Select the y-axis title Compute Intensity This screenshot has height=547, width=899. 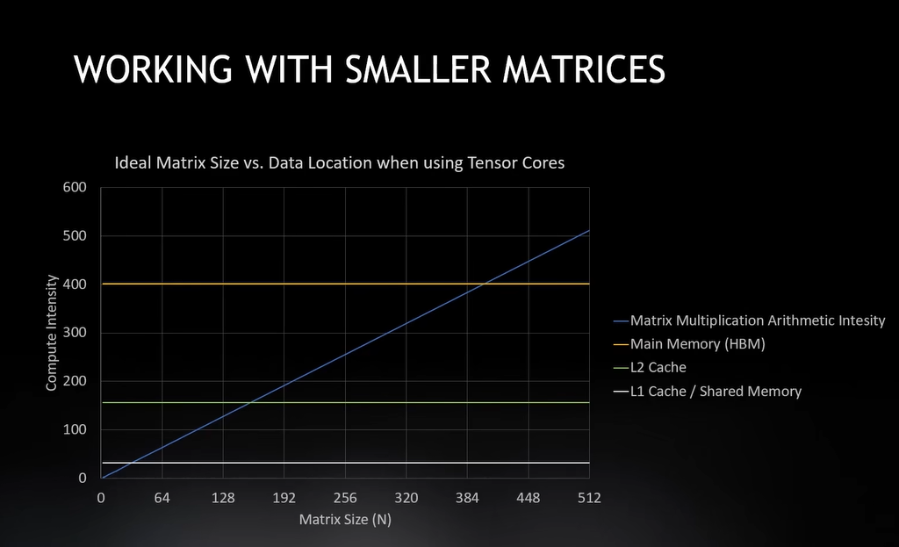(x=52, y=333)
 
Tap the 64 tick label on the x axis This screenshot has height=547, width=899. (x=162, y=498)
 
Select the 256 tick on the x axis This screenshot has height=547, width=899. (x=345, y=498)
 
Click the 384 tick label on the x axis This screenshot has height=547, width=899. (x=467, y=498)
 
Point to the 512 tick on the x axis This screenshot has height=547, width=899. (x=589, y=498)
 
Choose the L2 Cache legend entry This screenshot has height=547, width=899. (x=658, y=367)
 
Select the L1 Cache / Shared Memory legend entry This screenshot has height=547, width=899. (x=716, y=391)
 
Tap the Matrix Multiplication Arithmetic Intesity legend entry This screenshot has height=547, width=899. (x=757, y=320)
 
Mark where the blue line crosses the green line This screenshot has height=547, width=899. (x=250, y=402)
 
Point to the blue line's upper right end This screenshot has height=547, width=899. (x=589, y=230)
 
